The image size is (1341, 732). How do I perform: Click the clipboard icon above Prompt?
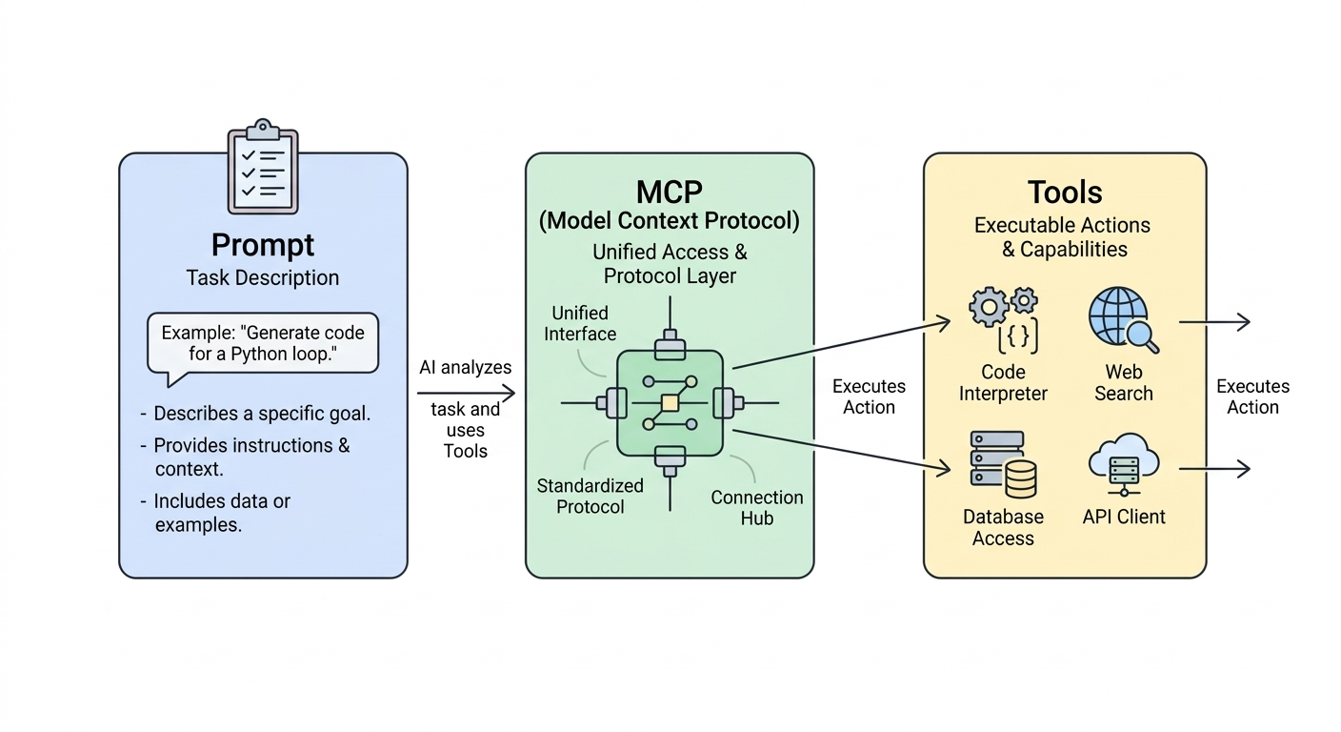point(263,167)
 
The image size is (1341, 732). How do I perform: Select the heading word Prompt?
point(263,244)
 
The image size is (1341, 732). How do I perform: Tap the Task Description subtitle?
point(262,278)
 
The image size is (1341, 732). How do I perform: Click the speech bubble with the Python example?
point(263,344)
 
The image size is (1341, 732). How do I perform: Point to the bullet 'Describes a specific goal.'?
point(255,414)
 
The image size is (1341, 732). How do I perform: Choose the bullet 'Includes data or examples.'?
point(215,513)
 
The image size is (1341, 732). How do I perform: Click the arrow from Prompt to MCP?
point(467,393)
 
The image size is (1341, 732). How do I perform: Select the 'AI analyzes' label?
point(466,367)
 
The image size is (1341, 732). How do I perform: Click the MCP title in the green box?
point(670,193)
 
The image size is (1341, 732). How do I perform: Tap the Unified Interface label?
point(579,323)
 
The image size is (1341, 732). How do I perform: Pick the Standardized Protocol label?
point(590,496)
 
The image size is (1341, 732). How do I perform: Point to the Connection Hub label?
point(757,507)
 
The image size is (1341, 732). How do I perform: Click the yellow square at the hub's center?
point(670,403)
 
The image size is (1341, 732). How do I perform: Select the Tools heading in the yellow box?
point(1065,193)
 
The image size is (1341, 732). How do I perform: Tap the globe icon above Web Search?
point(1123,320)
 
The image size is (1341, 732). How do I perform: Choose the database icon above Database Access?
point(1003,464)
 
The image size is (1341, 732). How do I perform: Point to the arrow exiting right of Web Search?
point(1214,322)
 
